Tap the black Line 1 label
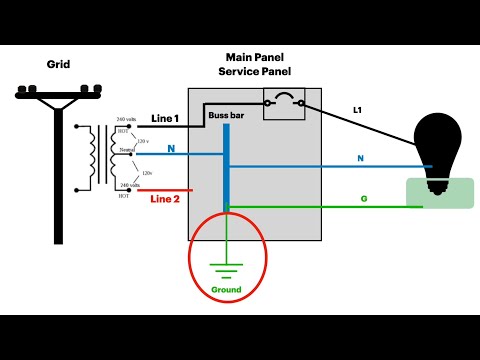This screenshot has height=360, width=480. pyautogui.click(x=166, y=119)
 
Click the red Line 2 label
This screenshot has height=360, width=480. pyautogui.click(x=166, y=198)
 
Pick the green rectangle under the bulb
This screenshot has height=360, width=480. pyautogui.click(x=438, y=192)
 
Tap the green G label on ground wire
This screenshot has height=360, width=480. pyautogui.click(x=364, y=199)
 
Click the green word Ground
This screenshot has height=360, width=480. pyautogui.click(x=226, y=290)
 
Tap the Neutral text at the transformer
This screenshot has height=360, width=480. pyautogui.click(x=127, y=151)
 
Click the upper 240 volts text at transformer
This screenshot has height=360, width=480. pyautogui.click(x=127, y=119)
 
